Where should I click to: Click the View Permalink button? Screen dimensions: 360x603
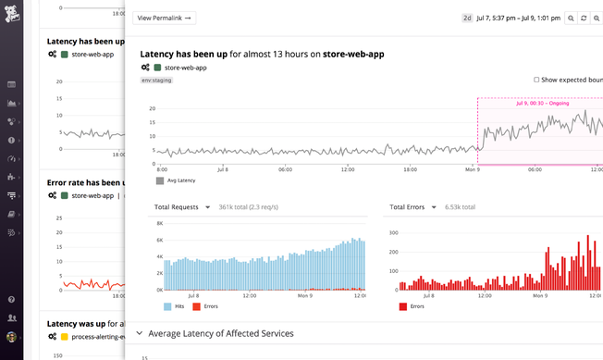164,18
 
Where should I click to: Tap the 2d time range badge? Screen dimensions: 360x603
467,18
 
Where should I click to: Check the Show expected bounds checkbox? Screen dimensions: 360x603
536,80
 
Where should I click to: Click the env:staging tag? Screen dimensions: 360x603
155,80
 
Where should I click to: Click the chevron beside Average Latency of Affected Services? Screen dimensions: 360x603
140,333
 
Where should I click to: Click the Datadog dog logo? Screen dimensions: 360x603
12,15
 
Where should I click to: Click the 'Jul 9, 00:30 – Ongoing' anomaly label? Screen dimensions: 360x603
544,103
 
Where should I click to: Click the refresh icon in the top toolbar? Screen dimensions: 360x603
584,18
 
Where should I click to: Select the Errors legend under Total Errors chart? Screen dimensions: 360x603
416,305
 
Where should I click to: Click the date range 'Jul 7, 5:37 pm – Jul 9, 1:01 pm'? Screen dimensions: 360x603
518,18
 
